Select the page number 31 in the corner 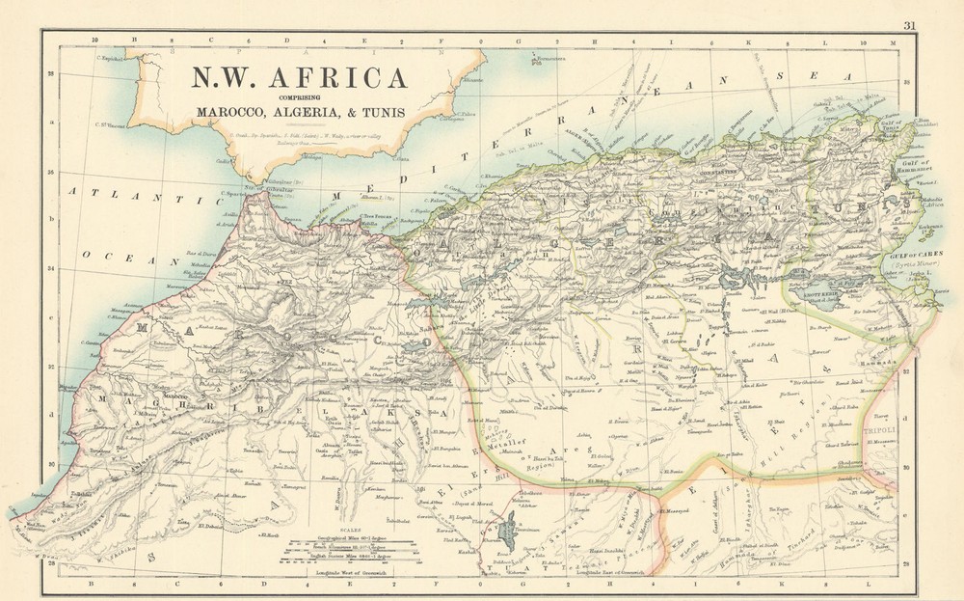[x=911, y=25]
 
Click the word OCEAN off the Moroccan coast [x=107, y=256]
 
